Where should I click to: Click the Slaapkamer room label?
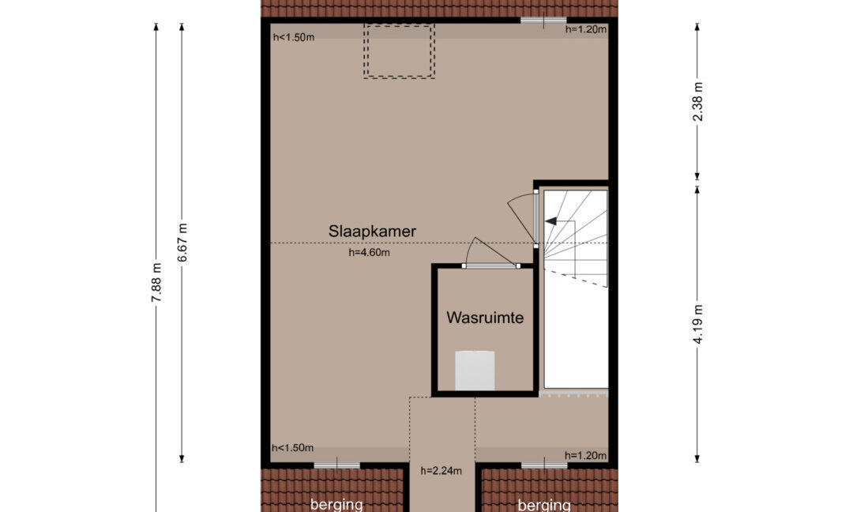click(x=372, y=232)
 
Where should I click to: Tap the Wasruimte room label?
click(x=485, y=318)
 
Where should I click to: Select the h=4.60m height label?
click(x=370, y=253)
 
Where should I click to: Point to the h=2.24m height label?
click(x=442, y=471)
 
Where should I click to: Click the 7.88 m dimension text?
click(x=156, y=282)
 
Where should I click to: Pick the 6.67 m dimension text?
click(x=182, y=242)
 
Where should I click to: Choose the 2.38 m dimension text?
click(x=698, y=102)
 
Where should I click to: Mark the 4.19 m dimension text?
click(x=698, y=324)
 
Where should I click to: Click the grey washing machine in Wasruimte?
click(x=475, y=371)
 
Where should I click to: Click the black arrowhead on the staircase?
click(x=551, y=221)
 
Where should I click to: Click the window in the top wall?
click(x=543, y=21)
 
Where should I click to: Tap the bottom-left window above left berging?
click(x=336, y=465)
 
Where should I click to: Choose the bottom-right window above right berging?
click(x=544, y=465)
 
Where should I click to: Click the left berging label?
click(x=336, y=505)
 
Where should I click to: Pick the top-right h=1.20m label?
click(x=586, y=29)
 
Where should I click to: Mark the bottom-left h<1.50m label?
click(x=293, y=448)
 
